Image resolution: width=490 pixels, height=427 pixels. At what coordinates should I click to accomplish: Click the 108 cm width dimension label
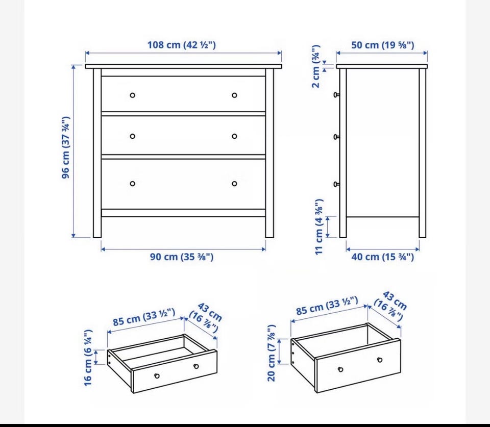pyautogui.click(x=182, y=45)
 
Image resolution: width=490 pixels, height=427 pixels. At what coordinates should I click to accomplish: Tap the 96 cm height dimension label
pyautogui.click(x=66, y=147)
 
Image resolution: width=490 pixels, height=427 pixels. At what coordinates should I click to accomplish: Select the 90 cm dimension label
pyautogui.click(x=182, y=257)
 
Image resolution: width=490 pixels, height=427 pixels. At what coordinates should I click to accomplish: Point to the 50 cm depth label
pyautogui.click(x=382, y=45)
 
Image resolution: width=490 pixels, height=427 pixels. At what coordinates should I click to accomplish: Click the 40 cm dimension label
pyautogui.click(x=382, y=257)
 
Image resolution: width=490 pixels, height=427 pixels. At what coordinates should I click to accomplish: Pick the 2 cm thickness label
pyautogui.click(x=316, y=66)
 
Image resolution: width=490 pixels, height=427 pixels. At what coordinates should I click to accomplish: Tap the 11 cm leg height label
pyautogui.click(x=318, y=227)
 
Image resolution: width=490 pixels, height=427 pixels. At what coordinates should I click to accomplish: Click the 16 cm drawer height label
pyautogui.click(x=88, y=358)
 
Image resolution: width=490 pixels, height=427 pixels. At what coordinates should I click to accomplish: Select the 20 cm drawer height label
pyautogui.click(x=272, y=353)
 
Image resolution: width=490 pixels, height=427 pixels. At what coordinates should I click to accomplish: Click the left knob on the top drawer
pyautogui.click(x=133, y=95)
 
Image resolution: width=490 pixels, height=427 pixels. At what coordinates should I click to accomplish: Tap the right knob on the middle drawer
pyautogui.click(x=234, y=136)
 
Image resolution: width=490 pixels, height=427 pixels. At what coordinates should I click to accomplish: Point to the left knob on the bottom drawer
pyautogui.click(x=133, y=184)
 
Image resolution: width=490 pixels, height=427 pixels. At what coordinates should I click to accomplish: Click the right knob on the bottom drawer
pyautogui.click(x=234, y=184)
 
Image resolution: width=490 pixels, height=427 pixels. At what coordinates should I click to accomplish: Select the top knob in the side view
pyautogui.click(x=336, y=95)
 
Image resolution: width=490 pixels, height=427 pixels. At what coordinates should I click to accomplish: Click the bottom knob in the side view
pyautogui.click(x=336, y=184)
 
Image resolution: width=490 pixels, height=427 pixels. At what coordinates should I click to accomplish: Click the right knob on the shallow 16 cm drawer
pyautogui.click(x=196, y=366)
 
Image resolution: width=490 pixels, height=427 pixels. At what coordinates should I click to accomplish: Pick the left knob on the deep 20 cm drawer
pyautogui.click(x=340, y=369)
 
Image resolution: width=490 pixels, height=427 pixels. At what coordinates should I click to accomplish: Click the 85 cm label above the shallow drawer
pyautogui.click(x=144, y=317)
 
